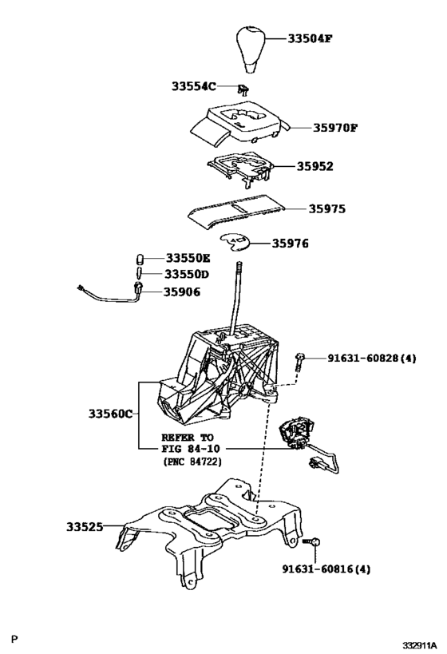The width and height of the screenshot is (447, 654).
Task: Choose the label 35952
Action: [314, 167]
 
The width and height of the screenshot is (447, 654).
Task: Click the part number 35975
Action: [327, 209]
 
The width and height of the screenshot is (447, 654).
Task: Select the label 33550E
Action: [188, 258]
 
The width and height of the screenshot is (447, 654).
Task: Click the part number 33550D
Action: [188, 274]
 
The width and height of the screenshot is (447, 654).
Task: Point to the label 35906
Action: [183, 292]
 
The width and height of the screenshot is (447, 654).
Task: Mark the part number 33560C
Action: [110, 414]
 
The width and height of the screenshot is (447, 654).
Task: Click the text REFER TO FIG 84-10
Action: [192, 444]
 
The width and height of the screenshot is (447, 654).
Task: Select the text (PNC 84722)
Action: [192, 462]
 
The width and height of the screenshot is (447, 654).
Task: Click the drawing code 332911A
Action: [420, 644]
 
